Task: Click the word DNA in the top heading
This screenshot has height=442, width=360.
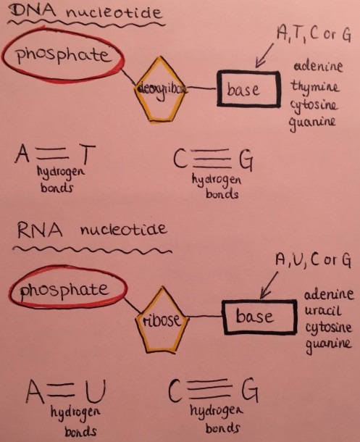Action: tap(32, 12)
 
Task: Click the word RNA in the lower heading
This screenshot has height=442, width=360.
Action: tap(40, 230)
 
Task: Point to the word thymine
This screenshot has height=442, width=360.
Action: tap(314, 87)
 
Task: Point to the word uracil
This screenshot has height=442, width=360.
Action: tap(323, 310)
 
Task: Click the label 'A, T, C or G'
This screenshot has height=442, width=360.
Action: tap(314, 33)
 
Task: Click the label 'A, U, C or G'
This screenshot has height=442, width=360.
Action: tap(313, 259)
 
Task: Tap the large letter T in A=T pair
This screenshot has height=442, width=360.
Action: tap(88, 154)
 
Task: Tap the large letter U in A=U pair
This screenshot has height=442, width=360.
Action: tap(96, 391)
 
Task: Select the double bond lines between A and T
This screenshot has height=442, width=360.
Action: tap(53, 153)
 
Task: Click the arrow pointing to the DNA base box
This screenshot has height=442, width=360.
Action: tap(264, 56)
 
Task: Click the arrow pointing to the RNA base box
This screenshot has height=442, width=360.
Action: tap(269, 285)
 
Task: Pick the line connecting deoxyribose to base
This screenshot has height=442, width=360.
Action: tap(201, 88)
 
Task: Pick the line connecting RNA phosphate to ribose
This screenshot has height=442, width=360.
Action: tap(132, 305)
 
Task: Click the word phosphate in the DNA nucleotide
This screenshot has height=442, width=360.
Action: tap(63, 54)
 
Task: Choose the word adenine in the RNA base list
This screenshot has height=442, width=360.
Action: tap(328, 294)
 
